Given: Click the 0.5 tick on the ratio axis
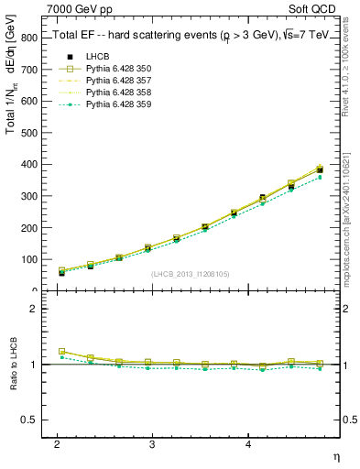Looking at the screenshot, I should pos(32,420).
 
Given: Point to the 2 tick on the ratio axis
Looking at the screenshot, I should pos(37,309).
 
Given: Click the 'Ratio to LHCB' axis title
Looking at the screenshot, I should pos(12,364).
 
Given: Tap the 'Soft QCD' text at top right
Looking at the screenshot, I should pos(321,9).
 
